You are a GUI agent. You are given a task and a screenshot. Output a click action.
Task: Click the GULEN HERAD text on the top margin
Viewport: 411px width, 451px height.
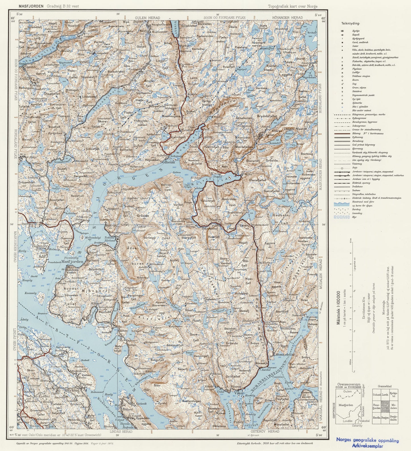tap(147, 18)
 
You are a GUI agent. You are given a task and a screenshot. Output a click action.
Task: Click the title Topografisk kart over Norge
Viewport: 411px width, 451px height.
tap(292, 6)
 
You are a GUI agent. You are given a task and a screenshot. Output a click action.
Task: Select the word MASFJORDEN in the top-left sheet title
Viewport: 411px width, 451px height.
tap(31, 6)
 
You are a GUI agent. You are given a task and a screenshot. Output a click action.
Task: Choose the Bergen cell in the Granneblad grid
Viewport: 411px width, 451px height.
tap(385, 419)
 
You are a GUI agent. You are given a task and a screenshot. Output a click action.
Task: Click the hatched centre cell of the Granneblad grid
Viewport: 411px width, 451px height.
tap(385, 407)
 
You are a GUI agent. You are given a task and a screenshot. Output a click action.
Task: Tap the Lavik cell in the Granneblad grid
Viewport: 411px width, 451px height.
tap(385, 395)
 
